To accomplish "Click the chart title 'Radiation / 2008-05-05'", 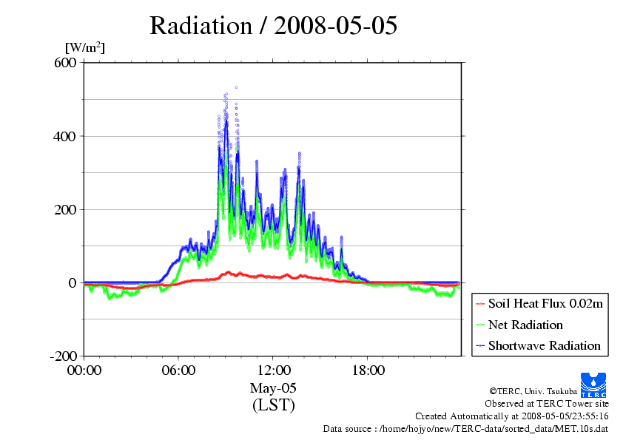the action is (273, 26).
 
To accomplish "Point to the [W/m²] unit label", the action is (85, 47).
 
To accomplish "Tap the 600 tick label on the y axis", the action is (65, 62).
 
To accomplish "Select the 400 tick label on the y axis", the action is (65, 136).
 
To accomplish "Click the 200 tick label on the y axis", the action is (65, 209).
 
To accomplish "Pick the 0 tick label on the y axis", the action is (73, 282).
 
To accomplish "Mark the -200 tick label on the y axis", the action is (63, 356).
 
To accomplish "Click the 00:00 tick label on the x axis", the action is (84, 370).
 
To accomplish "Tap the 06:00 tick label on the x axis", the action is (178, 370).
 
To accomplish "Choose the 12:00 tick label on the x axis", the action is (274, 370).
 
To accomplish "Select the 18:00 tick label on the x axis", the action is (368, 370).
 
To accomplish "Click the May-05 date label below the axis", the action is (273, 387).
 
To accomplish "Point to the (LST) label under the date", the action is (273, 405).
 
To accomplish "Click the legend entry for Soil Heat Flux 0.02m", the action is (539, 304).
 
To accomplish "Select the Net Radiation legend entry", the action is (519, 325).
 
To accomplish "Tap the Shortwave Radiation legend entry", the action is (539, 345).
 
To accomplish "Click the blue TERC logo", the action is (593, 385).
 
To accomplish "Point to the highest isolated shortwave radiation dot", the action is (236, 87).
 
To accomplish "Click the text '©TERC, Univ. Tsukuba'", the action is (533, 391).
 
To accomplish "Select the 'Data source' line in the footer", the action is (465, 429).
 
